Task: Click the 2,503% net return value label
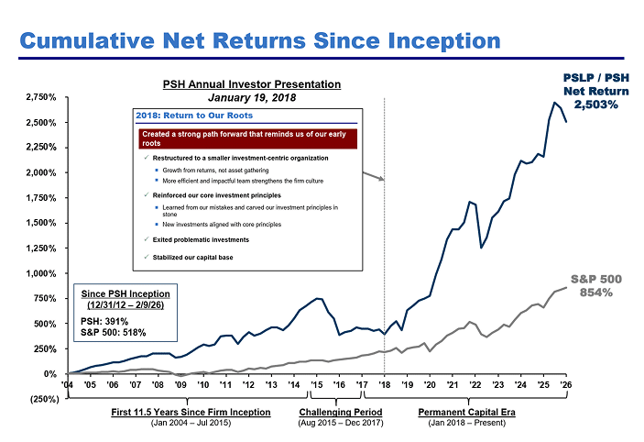(595, 105)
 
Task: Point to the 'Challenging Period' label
(336, 413)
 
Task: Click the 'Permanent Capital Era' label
(466, 413)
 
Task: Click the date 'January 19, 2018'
(246, 96)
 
